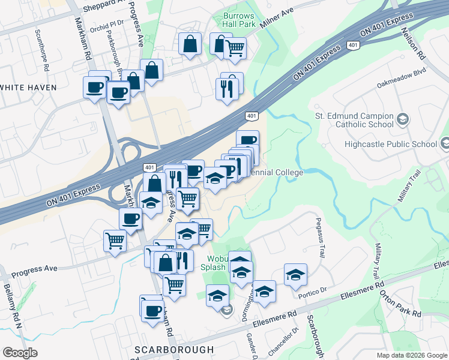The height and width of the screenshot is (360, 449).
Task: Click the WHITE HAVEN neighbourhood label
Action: click(28, 87)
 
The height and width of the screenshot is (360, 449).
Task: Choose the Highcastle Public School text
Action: click(391, 144)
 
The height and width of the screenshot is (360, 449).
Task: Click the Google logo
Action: click(20, 353)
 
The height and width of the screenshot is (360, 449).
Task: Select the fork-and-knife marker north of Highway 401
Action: click(228, 88)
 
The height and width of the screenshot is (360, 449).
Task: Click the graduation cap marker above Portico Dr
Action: click(295, 274)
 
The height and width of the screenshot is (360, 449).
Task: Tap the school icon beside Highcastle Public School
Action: click(445, 143)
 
